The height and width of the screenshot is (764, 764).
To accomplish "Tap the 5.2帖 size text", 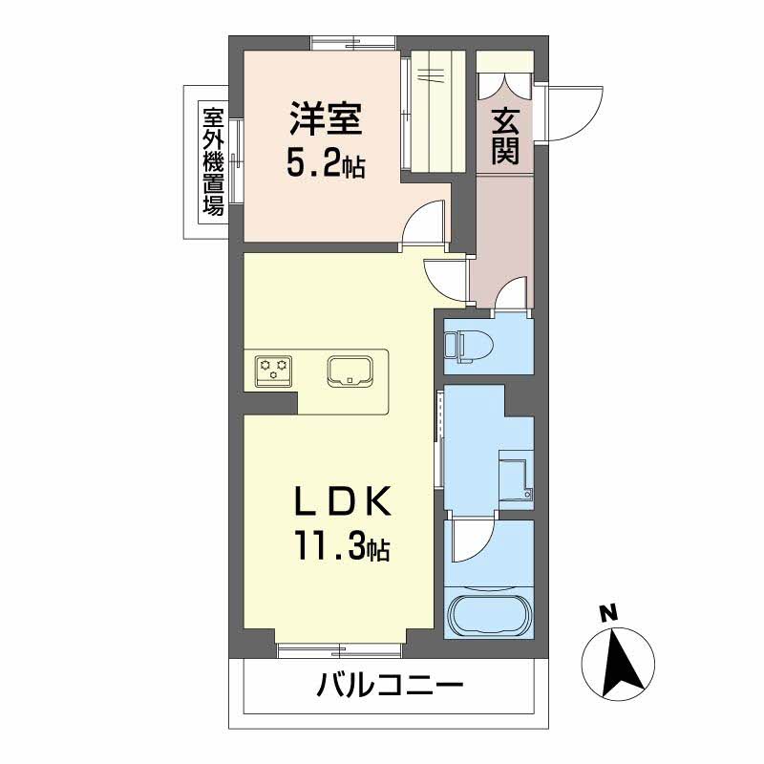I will coord(325,164).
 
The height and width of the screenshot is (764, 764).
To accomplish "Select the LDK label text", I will coord(341,501).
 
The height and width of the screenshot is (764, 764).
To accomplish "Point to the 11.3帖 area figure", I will coord(341,548).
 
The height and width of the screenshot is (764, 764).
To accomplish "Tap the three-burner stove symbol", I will coord(274,369).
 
